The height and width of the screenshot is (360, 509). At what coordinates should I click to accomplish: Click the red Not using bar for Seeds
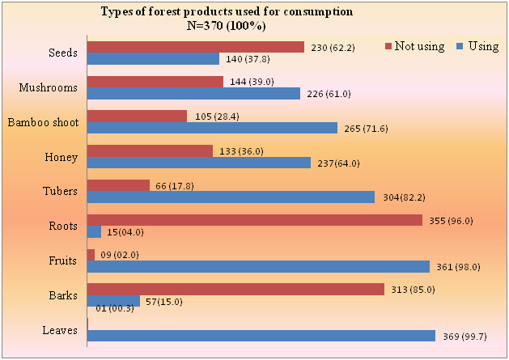(x=195, y=47)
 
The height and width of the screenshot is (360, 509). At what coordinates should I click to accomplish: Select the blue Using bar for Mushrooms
(x=193, y=94)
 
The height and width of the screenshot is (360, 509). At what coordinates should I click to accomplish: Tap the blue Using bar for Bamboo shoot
(x=212, y=128)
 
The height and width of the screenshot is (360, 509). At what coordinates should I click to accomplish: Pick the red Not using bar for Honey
(x=150, y=150)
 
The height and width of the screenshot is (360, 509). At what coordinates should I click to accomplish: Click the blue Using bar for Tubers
(x=231, y=197)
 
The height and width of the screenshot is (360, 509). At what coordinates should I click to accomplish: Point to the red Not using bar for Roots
(x=254, y=220)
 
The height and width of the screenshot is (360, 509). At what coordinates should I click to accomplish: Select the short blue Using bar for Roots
(x=94, y=232)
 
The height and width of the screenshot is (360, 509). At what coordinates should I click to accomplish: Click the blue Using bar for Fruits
(x=258, y=267)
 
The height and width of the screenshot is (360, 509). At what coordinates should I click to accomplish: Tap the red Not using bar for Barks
(x=235, y=290)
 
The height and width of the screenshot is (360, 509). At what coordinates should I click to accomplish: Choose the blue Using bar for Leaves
(x=261, y=336)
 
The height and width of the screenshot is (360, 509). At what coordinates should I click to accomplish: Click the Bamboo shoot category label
(x=42, y=122)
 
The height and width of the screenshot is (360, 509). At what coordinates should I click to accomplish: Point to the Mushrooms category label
(x=49, y=87)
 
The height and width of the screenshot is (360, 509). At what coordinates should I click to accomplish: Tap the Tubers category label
(x=58, y=191)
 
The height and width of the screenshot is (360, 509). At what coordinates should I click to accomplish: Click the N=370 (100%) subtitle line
(x=227, y=25)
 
